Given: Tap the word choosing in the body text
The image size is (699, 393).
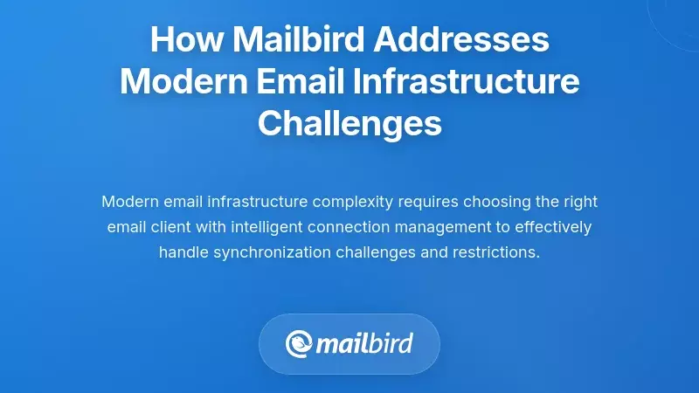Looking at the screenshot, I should pyautogui.click(x=496, y=202).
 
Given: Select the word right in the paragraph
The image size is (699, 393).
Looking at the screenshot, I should pyautogui.click(x=579, y=202).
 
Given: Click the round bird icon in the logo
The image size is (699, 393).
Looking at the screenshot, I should pyautogui.click(x=300, y=343).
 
